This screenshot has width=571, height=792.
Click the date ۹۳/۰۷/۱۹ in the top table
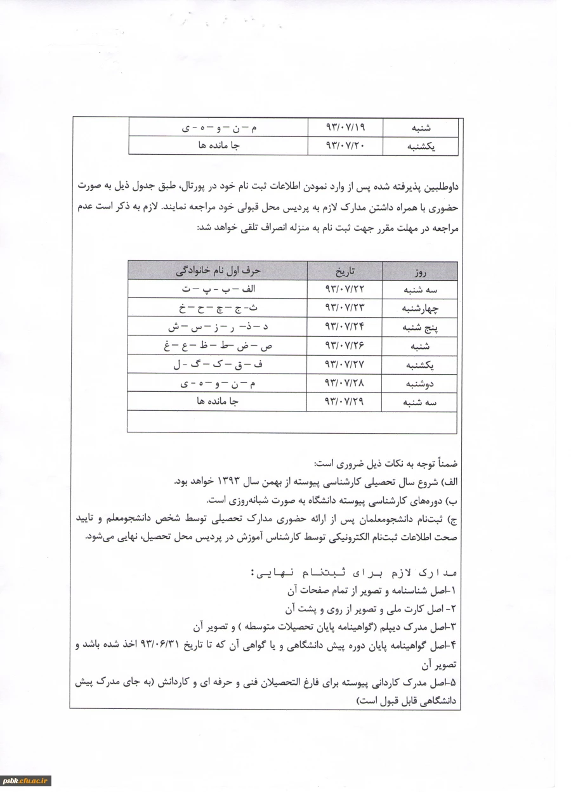346,127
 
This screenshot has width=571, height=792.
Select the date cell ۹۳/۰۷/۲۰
346,146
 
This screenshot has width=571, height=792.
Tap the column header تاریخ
346,271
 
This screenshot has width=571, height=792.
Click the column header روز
419,272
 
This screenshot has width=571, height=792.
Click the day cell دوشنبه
420,384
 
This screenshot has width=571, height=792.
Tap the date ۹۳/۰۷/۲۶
346,346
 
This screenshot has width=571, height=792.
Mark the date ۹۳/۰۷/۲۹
346,401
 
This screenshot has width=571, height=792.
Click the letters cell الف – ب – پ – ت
218,290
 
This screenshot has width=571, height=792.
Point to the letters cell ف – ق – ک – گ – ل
218,365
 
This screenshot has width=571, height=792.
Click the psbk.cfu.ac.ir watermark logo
26,781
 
